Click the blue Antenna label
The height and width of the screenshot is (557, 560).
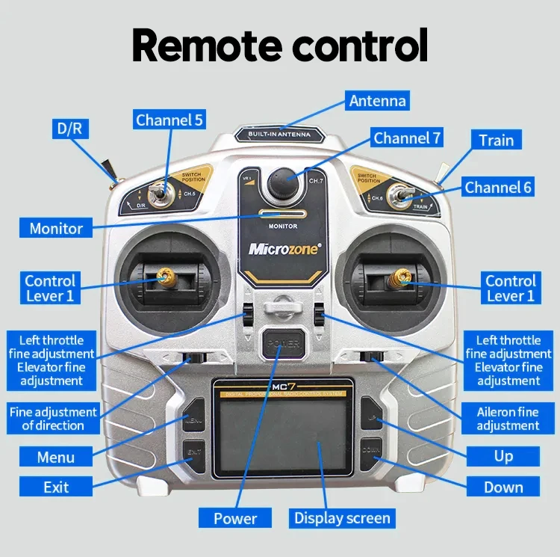(378, 101)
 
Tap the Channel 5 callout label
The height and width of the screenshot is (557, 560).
(169, 120)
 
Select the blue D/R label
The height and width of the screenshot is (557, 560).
(70, 129)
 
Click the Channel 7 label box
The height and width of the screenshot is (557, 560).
(408, 138)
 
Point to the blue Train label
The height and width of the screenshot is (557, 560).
(497, 140)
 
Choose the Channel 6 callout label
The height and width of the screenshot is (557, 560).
(498, 187)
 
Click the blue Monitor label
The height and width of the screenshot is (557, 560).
(56, 228)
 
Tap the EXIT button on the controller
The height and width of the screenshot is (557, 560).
(194, 453)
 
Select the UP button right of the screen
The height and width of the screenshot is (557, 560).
(372, 419)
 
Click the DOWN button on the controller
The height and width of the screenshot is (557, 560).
(372, 452)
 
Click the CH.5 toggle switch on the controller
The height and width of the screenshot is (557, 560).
(161, 196)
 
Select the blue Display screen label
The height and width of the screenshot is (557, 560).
(342, 518)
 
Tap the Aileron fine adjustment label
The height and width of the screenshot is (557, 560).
(508, 419)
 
